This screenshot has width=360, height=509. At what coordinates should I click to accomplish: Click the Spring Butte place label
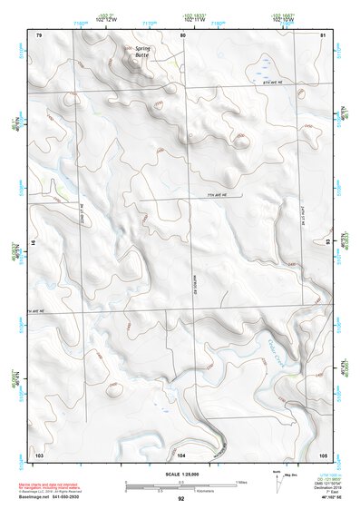point(144,51)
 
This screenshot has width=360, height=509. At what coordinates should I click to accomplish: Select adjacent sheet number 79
point(39,34)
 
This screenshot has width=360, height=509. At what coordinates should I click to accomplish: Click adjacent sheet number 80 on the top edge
point(182,34)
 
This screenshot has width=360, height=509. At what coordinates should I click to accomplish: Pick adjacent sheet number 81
point(323,34)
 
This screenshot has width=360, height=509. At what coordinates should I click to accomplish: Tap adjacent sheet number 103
point(39,454)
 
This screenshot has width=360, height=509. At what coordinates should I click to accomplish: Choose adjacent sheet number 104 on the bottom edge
point(181,454)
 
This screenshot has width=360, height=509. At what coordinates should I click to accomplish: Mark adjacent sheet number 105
point(322,454)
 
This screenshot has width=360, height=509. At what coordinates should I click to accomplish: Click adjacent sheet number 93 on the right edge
point(327,242)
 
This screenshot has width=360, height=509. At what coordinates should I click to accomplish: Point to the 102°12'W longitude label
point(105,17)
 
